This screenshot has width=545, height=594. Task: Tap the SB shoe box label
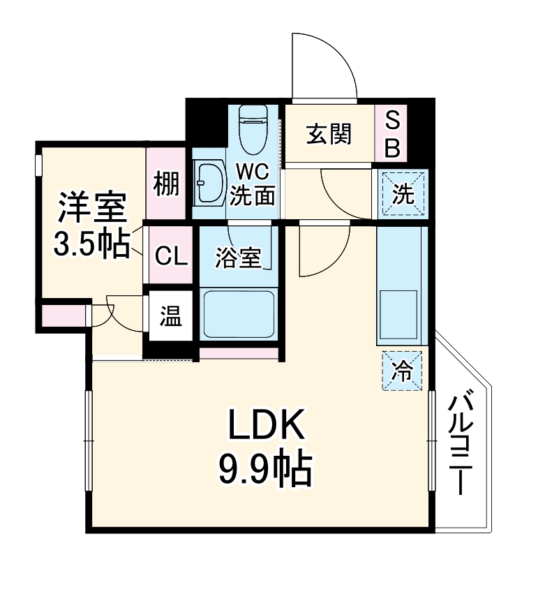(393, 134)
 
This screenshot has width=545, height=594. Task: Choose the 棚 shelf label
(166, 184)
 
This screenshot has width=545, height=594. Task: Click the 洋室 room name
(91, 207)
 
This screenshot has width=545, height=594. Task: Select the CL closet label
(170, 257)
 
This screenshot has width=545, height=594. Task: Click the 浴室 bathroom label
(238, 258)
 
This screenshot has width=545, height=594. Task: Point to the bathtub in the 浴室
(238, 314)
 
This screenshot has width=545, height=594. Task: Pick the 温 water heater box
(170, 318)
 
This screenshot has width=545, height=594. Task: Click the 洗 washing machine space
(403, 193)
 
